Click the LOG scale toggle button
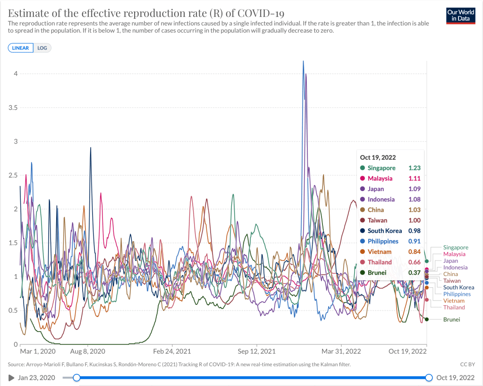coord(42,48)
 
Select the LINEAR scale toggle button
coord(21,48)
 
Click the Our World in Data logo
coord(460,15)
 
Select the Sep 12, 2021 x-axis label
coord(256,352)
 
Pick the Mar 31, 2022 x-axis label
coord(341,352)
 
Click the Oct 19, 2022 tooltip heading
coord(378,158)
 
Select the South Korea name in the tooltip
coord(385,231)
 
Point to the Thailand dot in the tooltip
coord(362,262)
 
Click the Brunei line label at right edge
coord(451,319)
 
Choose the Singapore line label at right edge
coord(456,247)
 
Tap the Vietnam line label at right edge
coord(454,301)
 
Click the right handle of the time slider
coord(429,378)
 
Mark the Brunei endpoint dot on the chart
coord(427,319)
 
